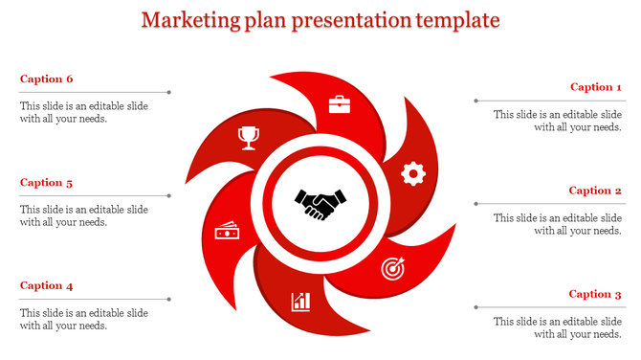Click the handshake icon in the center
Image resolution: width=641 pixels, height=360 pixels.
320,204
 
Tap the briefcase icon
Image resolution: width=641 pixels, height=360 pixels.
341,104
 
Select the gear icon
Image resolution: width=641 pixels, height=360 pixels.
412,173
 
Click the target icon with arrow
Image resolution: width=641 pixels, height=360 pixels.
393,269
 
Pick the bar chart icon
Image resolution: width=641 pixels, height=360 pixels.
301,303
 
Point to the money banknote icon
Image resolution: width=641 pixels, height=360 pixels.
227,233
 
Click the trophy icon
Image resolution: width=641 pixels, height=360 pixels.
249,138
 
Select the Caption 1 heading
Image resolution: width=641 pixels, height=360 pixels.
596,87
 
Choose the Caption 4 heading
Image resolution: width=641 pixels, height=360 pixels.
46,285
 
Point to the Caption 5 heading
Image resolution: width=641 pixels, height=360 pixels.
46,182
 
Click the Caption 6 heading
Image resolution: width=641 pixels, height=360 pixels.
46,79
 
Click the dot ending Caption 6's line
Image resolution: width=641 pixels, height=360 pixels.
169,93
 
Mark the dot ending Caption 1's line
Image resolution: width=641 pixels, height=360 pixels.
475,101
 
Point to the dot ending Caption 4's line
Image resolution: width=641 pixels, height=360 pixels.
169,300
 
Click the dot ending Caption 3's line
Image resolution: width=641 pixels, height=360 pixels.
475,307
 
